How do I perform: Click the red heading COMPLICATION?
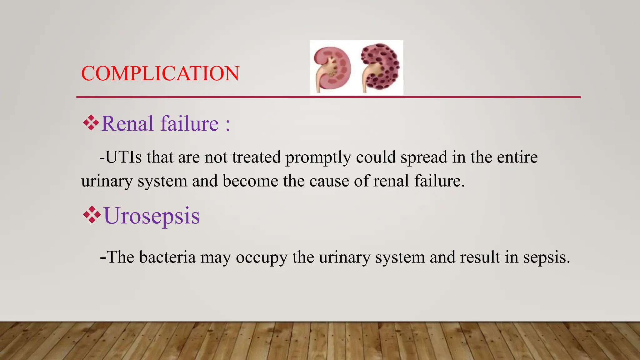(x=160, y=74)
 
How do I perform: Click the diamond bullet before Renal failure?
(x=91, y=123)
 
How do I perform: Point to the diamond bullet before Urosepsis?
(x=92, y=215)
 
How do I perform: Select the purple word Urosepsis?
(x=152, y=216)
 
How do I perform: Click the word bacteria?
(x=167, y=257)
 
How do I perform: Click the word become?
(x=250, y=181)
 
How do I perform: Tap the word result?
(x=480, y=257)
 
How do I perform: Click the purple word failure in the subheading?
(x=189, y=123)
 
